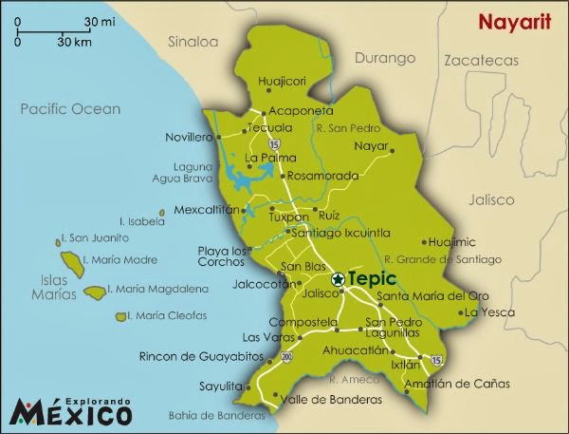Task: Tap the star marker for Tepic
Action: (339, 280)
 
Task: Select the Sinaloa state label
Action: (193, 42)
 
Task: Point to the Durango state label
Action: (388, 58)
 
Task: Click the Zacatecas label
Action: (484, 60)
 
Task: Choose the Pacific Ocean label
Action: (70, 109)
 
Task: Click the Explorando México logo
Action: (71, 411)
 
